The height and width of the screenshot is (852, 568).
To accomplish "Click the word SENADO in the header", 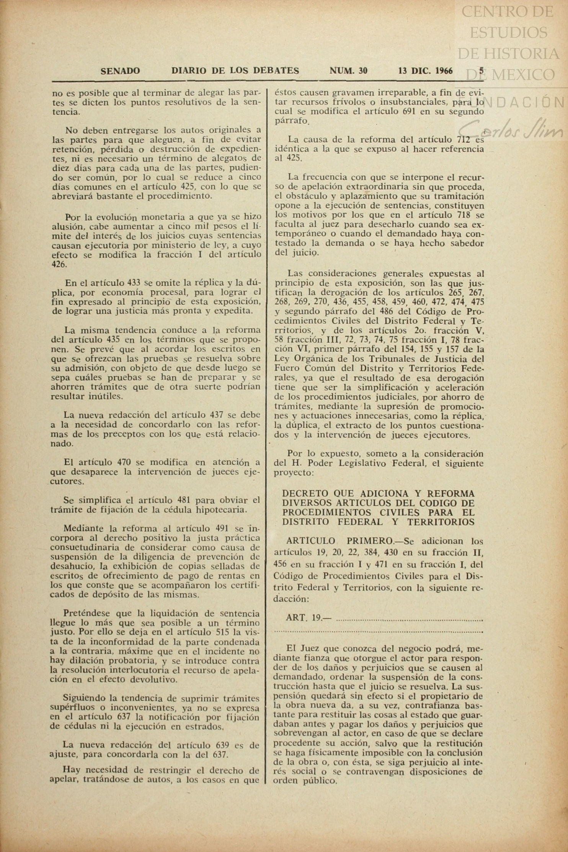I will click(120, 71).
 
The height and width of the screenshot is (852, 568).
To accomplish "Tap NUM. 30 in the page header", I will click(348, 71).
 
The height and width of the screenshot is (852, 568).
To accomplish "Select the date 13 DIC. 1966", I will click(425, 71).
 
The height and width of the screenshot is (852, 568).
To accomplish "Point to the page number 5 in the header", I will click(481, 70).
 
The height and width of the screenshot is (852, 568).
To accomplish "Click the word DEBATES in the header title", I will click(275, 71).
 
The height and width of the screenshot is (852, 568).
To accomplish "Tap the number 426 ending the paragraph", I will click(59, 264).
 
